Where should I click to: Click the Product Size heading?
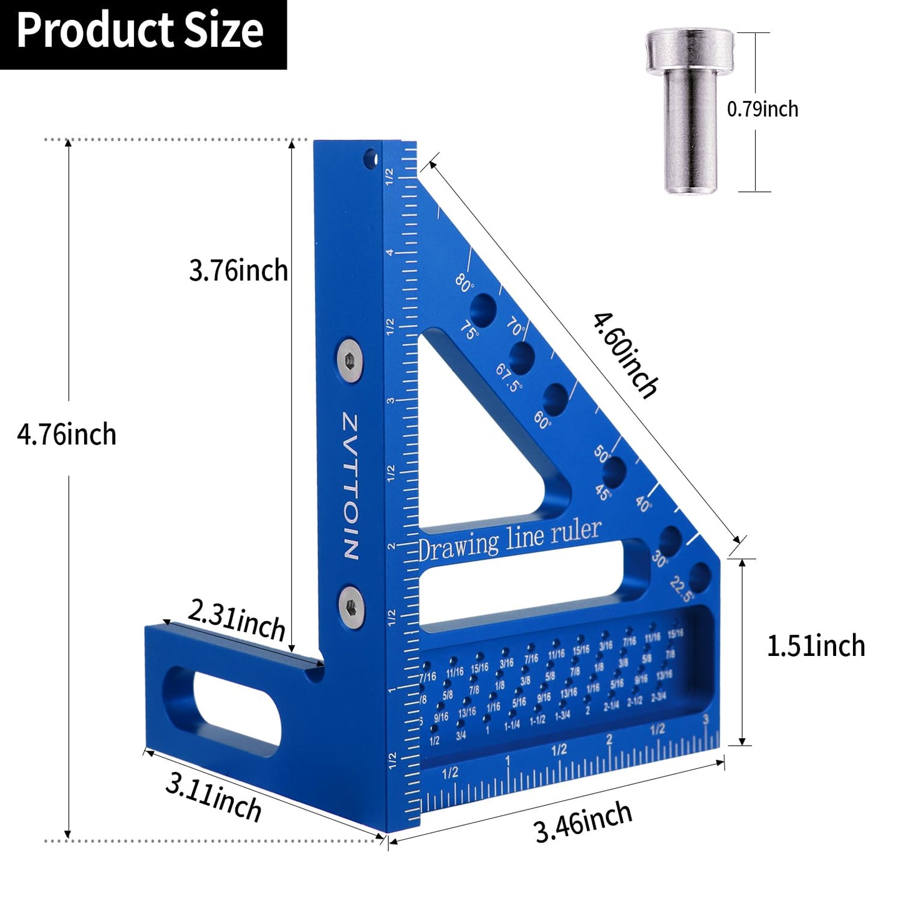pyautogui.click(x=140, y=31)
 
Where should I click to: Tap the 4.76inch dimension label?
pyautogui.click(x=67, y=434)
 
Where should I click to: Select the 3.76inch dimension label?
pyautogui.click(x=238, y=271)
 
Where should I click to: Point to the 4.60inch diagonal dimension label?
pyautogui.click(x=625, y=355)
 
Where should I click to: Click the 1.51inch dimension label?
pyautogui.click(x=816, y=646)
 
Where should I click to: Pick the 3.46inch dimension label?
pyautogui.click(x=583, y=822)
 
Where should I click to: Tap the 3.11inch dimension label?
pyautogui.click(x=213, y=799)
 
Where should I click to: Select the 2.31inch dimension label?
pyautogui.click(x=236, y=620)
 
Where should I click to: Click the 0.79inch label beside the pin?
pyautogui.click(x=762, y=109)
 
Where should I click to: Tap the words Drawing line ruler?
pyautogui.click(x=509, y=540)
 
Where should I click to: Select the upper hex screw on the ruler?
pyautogui.click(x=350, y=360)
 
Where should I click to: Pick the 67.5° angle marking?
pyautogui.click(x=508, y=378)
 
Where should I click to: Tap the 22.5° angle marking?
pyautogui.click(x=682, y=589)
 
